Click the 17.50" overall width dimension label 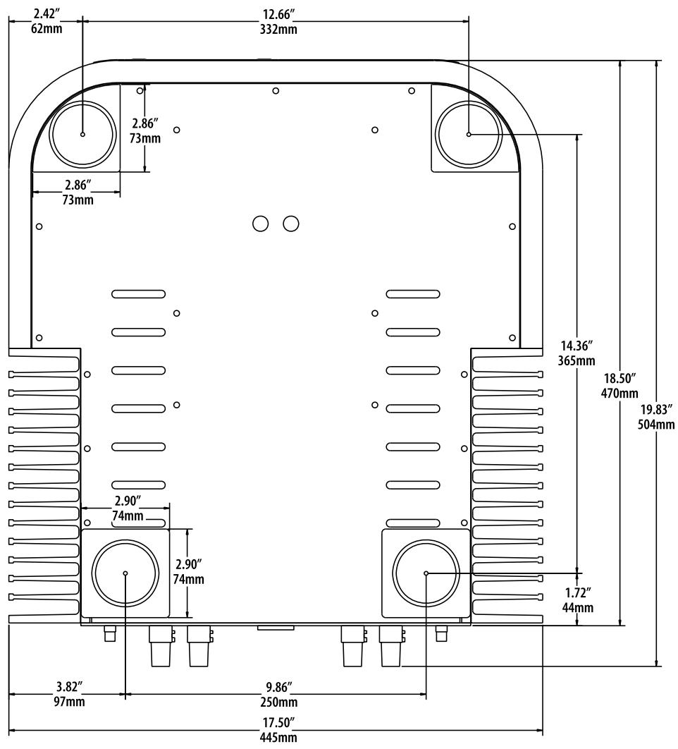(x=275, y=724)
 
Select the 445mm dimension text (x=275, y=738)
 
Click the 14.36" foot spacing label (x=576, y=347)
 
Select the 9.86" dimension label (x=276, y=688)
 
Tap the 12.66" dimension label (x=276, y=13)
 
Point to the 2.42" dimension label (x=46, y=13)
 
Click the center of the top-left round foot (x=82, y=134)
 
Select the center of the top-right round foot (x=469, y=134)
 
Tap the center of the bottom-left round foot (x=125, y=573)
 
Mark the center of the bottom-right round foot (x=426, y=573)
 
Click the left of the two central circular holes (x=260, y=224)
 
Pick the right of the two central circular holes (x=291, y=224)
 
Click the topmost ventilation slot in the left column (x=138, y=293)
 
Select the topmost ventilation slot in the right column (x=413, y=293)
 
